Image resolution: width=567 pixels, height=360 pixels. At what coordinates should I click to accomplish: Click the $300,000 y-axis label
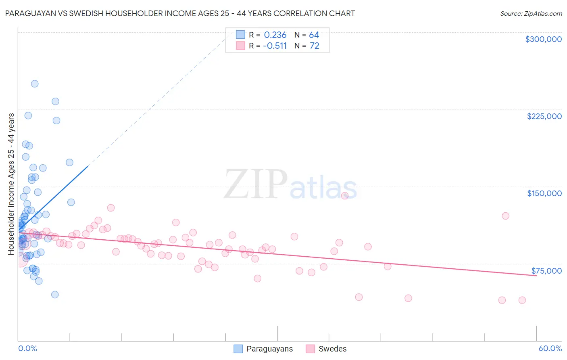pyautogui.click(x=543, y=39)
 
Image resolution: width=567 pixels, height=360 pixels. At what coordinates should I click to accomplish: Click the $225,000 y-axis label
pyautogui.click(x=544, y=116)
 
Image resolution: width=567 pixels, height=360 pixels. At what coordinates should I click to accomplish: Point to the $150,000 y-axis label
pyautogui.click(x=544, y=193)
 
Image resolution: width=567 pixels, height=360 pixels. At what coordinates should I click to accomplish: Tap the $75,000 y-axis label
pyautogui.click(x=546, y=270)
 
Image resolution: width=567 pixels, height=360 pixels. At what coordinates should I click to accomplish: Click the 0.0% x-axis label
pyautogui.click(x=27, y=348)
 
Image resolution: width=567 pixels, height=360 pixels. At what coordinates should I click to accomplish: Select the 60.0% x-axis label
pyautogui.click(x=550, y=348)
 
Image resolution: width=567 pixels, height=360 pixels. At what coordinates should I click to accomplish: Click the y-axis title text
pyautogui.click(x=11, y=184)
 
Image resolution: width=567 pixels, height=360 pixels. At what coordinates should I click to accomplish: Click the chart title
pyautogui.click(x=180, y=13)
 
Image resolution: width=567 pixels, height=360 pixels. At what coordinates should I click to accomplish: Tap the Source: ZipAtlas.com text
pyautogui.click(x=531, y=14)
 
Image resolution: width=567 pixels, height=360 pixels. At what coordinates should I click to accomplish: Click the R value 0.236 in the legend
pyautogui.click(x=275, y=35)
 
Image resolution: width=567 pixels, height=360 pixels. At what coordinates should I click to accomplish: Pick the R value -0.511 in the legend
pyautogui.click(x=275, y=46)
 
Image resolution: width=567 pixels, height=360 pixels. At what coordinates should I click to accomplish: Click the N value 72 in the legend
pyautogui.click(x=314, y=46)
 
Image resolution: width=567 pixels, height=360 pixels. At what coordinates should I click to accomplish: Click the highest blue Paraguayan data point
pyautogui.click(x=35, y=84)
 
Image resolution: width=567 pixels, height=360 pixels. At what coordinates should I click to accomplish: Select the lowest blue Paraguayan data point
pyautogui.click(x=55, y=295)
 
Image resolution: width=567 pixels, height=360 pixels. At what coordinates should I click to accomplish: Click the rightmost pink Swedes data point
pyautogui.click(x=522, y=300)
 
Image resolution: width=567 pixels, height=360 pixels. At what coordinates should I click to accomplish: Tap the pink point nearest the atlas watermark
pyautogui.click(x=345, y=196)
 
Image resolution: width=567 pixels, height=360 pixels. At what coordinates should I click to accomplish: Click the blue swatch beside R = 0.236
pyautogui.click(x=240, y=35)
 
